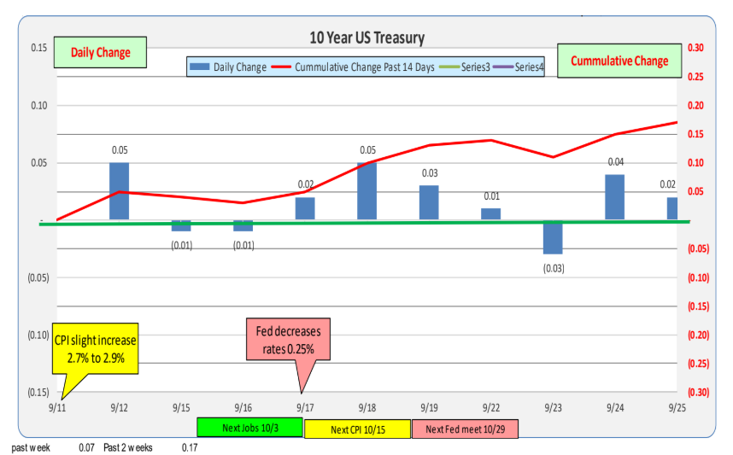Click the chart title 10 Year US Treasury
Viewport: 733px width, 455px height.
coord(366,38)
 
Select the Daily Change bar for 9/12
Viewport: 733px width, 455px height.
coord(120,191)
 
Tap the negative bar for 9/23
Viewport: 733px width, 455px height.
coord(553,237)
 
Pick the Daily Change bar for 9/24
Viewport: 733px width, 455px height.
coord(615,197)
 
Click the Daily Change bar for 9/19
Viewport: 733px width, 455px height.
coord(429,203)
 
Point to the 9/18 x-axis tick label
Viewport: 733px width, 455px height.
coord(367,407)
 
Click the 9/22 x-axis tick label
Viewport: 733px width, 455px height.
coord(491,407)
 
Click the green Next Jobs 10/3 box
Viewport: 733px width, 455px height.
coord(249,428)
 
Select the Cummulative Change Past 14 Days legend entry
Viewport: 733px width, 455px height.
coord(360,67)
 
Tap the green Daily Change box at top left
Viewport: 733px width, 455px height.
coord(100,52)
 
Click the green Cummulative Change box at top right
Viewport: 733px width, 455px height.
coord(619,61)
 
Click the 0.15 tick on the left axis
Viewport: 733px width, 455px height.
coord(38,48)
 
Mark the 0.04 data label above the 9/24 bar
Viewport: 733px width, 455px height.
coord(615,162)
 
